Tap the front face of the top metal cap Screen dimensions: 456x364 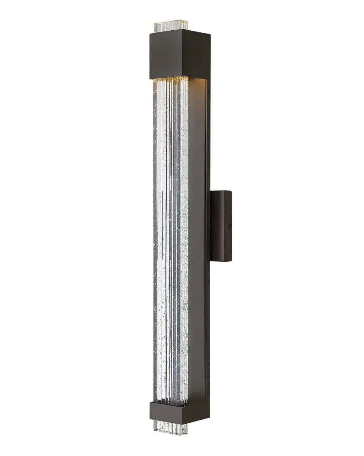coord(169,53)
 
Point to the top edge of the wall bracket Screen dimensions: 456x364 coord(221,191)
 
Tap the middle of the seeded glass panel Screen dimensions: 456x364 coord(170,243)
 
